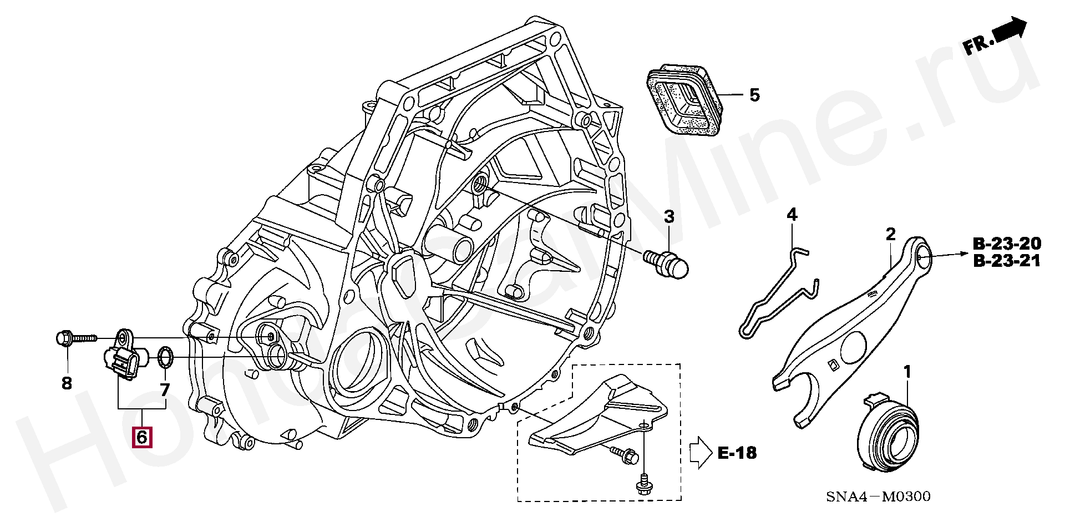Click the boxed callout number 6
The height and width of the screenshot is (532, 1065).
tap(141, 437)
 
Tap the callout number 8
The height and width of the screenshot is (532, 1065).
tap(67, 383)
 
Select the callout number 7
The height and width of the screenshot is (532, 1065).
tap(165, 390)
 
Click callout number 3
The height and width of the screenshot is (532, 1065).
tap(669, 216)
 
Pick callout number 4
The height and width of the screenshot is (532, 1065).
tap(792, 215)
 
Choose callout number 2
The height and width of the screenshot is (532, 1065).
tap(890, 234)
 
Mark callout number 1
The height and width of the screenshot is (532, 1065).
tap(907, 372)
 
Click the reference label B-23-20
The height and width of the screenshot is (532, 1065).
tap(1007, 244)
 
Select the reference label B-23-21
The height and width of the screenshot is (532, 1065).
tap(1007, 261)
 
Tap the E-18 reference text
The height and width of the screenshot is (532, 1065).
tap(737, 453)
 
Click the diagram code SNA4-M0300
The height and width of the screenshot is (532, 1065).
tap(878, 496)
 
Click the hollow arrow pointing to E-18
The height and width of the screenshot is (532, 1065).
tap(700, 453)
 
